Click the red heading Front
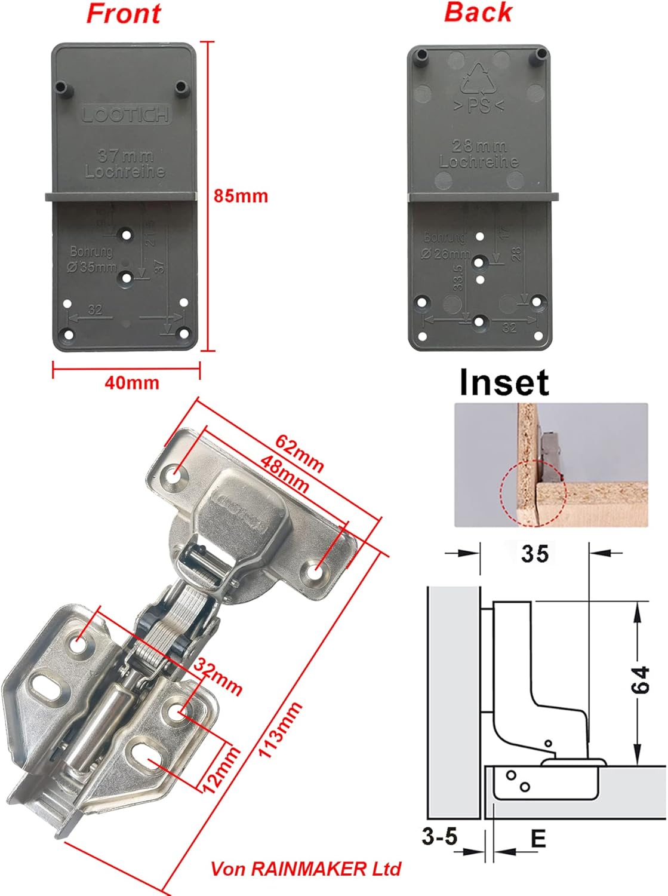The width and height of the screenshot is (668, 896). [x=124, y=14]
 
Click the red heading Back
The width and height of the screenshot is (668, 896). [x=478, y=13]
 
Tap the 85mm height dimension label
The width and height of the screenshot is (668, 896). [x=241, y=196]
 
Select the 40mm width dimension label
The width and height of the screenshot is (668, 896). [x=132, y=382]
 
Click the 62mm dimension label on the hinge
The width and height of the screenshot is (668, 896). [x=299, y=453]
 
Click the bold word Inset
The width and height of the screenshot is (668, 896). [x=504, y=382]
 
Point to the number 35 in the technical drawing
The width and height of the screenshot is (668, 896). [x=534, y=554]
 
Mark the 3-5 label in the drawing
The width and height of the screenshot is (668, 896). [x=439, y=836]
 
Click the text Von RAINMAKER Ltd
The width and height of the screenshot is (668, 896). [x=306, y=869]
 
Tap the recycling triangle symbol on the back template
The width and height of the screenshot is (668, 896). [x=478, y=79]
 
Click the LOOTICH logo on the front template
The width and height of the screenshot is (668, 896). [x=126, y=115]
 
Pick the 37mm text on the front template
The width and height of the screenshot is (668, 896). [x=126, y=157]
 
